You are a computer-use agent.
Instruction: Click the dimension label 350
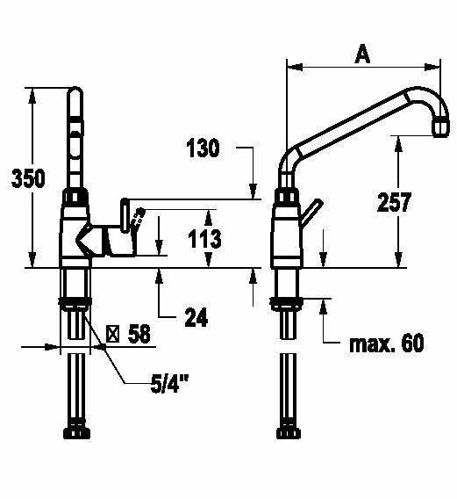pos(28,178)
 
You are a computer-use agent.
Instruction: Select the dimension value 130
pos(203,148)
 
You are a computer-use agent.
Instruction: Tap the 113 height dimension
pos(204,239)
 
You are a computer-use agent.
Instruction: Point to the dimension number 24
pos(196,317)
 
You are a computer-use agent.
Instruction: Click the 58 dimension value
pos(139,334)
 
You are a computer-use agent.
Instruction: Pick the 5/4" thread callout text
pos(169,383)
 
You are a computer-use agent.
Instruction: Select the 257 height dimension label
pos(394,202)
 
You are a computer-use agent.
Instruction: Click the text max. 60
pos(387,343)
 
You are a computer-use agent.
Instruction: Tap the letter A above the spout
pos(362,54)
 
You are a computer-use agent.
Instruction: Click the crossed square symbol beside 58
pos(112,334)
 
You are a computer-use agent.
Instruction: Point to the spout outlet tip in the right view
pos(441,128)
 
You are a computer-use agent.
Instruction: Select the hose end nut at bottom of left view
pos(76,433)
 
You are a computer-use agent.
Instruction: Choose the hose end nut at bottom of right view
pos(289,433)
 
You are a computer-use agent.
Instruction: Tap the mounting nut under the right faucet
pos(287,304)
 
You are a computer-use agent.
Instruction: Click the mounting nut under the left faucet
pos(75,304)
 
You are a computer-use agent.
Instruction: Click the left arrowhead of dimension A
pos(295,67)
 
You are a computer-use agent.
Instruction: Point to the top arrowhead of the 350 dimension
pos(32,95)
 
